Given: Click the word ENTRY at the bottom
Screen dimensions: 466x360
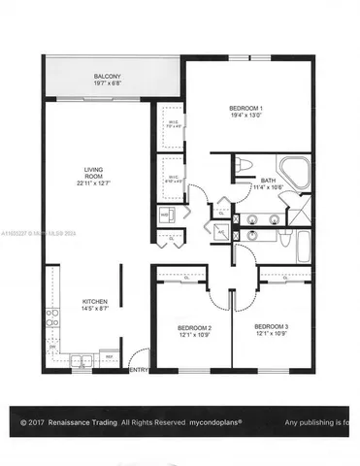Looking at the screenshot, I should tap(139, 370).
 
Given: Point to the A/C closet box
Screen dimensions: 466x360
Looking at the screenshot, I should tap(222, 232).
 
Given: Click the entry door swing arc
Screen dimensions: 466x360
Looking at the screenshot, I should tap(142, 355).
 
